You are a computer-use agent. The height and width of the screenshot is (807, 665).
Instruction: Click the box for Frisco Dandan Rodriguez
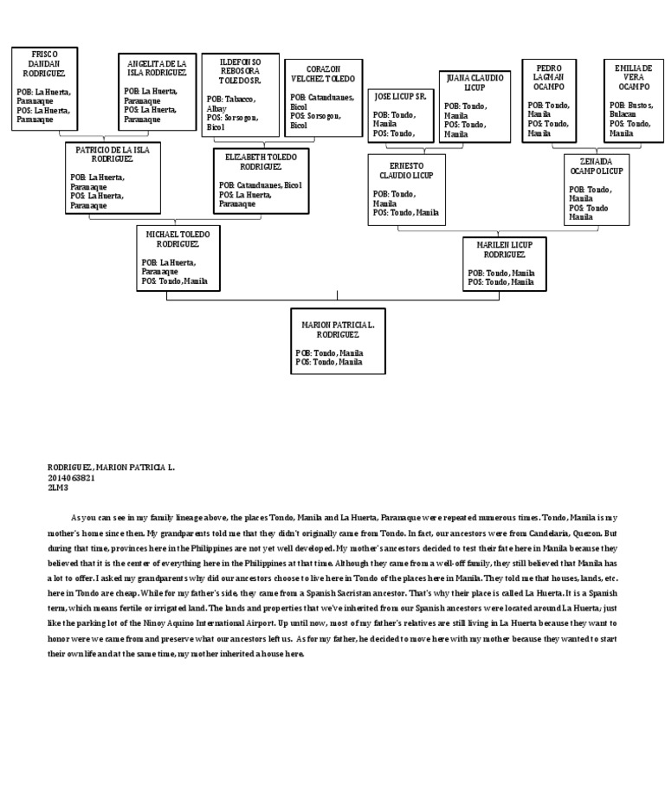click(x=45, y=89)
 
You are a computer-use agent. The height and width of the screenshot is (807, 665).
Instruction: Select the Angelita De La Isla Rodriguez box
click(x=157, y=92)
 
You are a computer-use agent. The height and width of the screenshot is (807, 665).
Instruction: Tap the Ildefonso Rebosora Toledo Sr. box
click(x=240, y=94)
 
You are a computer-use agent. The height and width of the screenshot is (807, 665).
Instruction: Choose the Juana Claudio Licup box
click(x=474, y=106)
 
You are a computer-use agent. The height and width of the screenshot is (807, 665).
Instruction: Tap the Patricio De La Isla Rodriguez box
click(x=113, y=178)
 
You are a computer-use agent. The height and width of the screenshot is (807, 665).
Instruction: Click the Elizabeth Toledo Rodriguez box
click(x=261, y=181)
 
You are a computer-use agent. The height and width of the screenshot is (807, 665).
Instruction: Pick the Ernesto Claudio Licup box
click(x=406, y=190)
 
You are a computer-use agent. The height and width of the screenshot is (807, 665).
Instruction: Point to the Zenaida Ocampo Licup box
click(x=596, y=190)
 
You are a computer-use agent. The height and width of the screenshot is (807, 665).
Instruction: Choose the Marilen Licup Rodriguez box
click(x=504, y=263)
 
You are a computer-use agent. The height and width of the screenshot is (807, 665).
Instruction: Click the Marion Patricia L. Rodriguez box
click(x=338, y=341)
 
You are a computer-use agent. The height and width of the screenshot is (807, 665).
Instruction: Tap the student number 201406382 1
click(x=71, y=477)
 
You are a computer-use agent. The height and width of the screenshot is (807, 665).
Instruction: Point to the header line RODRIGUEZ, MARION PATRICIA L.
click(x=111, y=468)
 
